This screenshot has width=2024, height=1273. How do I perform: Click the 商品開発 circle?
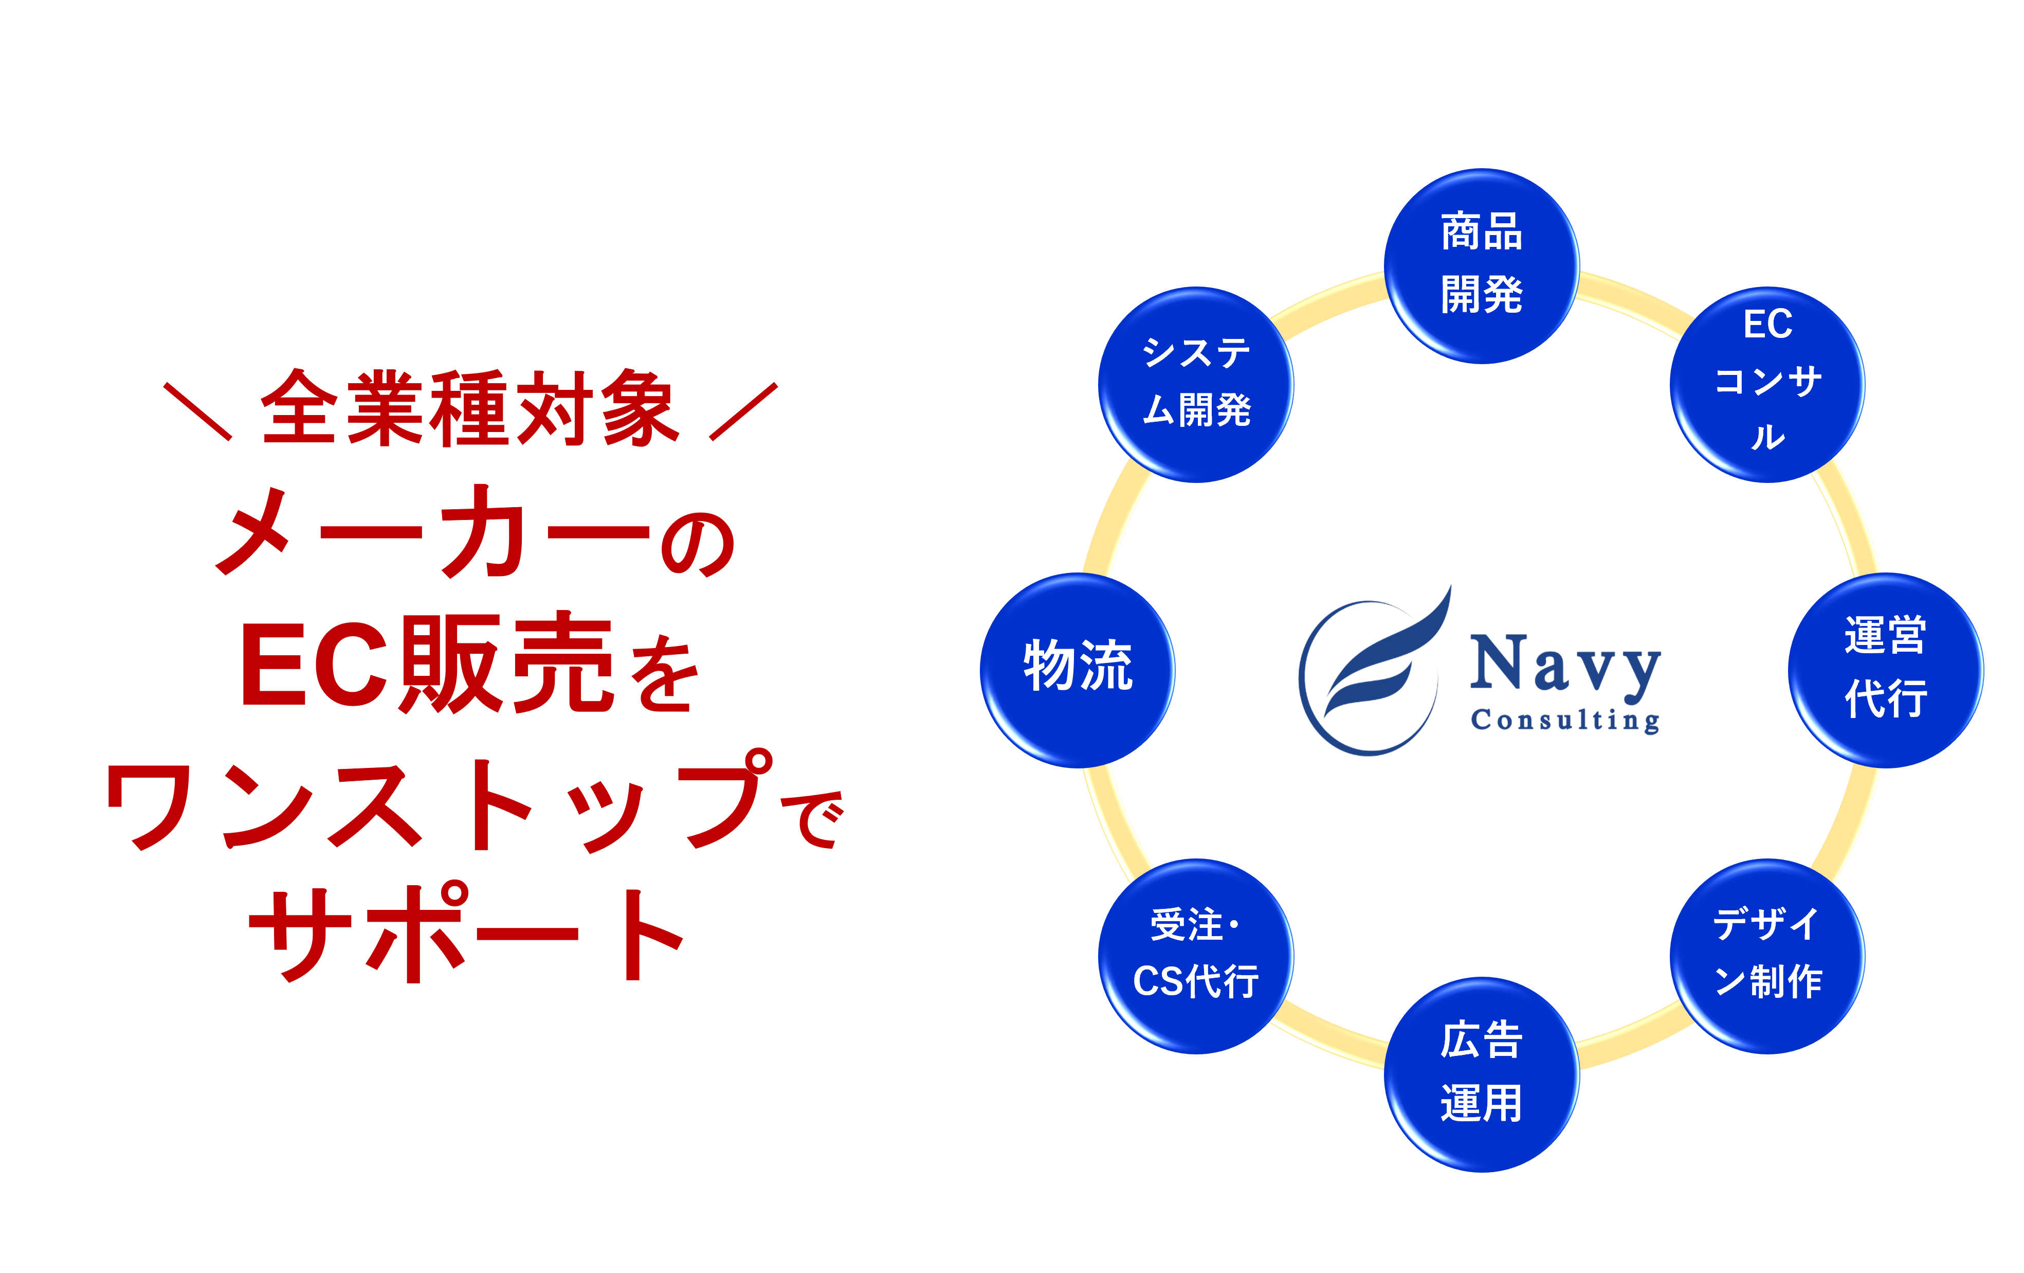(1481, 266)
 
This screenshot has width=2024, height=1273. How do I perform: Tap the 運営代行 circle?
(1885, 670)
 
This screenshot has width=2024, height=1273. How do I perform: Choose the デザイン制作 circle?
(1767, 956)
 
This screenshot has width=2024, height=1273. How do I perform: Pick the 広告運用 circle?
(1481, 1074)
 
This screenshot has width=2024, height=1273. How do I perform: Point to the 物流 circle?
(1078, 670)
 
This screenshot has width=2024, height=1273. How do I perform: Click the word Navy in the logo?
(1565, 667)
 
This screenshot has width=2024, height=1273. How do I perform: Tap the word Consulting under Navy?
(1565, 721)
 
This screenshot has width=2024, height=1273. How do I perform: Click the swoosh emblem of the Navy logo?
(1374, 671)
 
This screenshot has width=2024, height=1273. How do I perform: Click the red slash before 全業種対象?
(197, 411)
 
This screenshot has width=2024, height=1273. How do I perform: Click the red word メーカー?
(433, 531)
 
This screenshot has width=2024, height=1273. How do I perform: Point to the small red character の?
(699, 544)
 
